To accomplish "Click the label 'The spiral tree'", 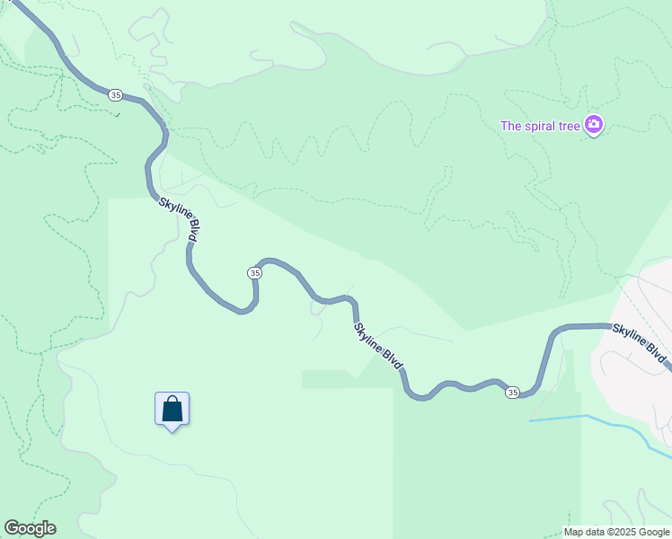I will [540, 126].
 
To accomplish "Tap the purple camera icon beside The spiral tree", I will [593, 125].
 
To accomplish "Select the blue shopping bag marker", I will [172, 409].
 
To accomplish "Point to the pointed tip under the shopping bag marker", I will [172, 430].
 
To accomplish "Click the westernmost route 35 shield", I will [115, 94].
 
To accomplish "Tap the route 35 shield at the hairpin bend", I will [255, 272].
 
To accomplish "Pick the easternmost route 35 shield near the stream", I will [512, 393].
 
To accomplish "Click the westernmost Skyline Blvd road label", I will [179, 219].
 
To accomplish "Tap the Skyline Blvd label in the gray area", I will [639, 342].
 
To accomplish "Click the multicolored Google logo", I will [30, 528].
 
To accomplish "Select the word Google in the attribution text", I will [654, 532].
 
